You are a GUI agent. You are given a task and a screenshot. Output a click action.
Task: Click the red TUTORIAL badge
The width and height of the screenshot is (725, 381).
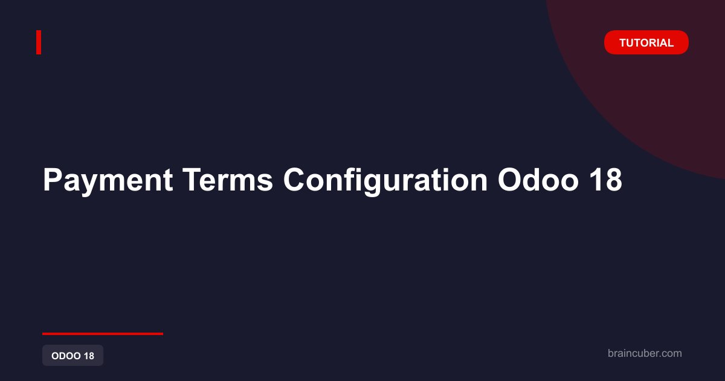click(646, 42)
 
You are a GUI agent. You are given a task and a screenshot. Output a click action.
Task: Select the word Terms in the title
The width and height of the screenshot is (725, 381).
click(228, 180)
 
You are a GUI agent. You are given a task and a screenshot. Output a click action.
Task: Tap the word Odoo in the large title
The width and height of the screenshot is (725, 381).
click(538, 180)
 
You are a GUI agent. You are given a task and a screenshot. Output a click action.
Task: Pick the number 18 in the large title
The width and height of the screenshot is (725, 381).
click(605, 180)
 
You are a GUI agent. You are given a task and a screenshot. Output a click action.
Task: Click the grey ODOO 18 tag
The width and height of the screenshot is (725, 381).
click(73, 356)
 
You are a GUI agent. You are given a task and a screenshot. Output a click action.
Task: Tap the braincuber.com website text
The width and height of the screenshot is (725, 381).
click(645, 353)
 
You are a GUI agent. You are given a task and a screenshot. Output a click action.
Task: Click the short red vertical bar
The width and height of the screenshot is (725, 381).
click(39, 42)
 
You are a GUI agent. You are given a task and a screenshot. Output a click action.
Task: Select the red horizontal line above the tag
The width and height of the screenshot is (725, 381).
click(103, 334)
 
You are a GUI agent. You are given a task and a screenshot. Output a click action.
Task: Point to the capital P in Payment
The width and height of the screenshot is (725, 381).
click(53, 180)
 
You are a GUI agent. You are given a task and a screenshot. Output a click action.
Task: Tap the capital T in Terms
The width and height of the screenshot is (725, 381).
click(193, 180)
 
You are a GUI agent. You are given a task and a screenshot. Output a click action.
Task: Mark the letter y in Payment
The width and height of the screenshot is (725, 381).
click(92, 184)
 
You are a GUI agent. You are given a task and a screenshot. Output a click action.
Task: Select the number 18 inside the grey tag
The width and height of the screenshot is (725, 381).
click(89, 356)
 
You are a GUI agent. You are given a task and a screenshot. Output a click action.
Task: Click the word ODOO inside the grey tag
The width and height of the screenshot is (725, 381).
click(66, 356)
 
